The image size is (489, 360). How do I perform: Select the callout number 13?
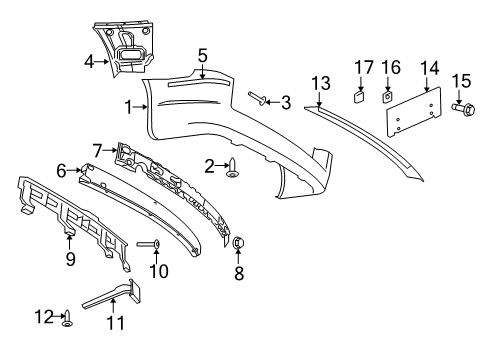[320, 82]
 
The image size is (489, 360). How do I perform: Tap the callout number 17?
[358, 69]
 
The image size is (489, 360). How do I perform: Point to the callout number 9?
[69, 261]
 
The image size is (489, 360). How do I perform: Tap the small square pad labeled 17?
[358, 98]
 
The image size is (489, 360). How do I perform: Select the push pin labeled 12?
[68, 320]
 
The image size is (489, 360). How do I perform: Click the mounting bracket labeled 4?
[128, 48]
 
